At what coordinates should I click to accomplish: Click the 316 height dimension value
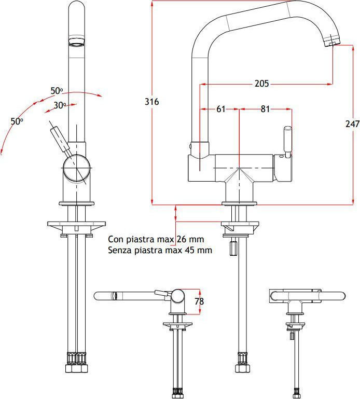[151, 102]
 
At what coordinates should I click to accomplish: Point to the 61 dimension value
[221, 109]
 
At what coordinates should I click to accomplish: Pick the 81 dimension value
[265, 109]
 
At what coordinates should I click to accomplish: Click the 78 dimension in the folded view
[199, 301]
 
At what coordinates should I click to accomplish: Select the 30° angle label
[60, 105]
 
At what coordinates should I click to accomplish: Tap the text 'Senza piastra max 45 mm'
[160, 250]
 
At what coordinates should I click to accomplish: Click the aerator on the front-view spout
[76, 40]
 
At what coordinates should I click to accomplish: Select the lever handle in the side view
[287, 140]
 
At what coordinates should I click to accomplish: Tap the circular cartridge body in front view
[76, 169]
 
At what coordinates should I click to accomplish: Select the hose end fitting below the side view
[241, 362]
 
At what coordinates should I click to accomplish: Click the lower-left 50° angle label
[17, 121]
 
